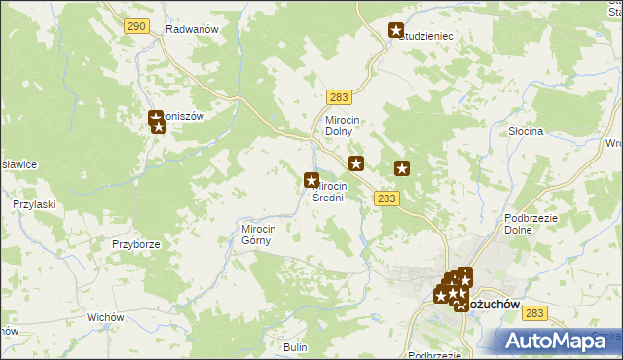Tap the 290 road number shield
tap(136, 27)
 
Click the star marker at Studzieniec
tap(396, 31)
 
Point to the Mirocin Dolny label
tap(344, 126)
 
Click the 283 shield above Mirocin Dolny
tap(339, 97)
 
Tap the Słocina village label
tap(526, 130)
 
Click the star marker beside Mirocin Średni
tap(311, 180)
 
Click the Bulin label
tap(295, 347)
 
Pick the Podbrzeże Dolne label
tap(530, 224)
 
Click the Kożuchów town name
tap(498, 304)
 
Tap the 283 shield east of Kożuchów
tap(533, 313)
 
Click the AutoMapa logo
tap(558, 341)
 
